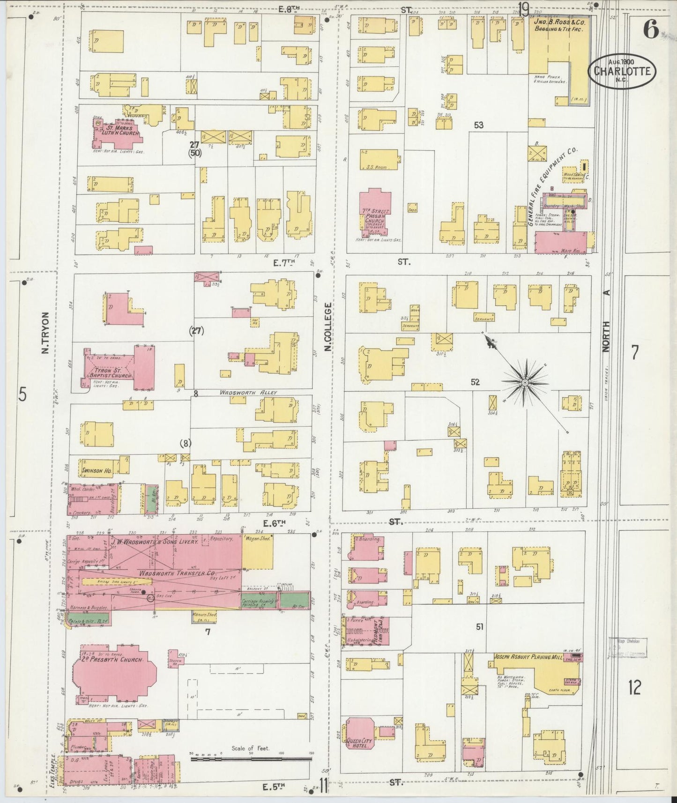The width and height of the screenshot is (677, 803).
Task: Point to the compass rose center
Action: pos(525,383)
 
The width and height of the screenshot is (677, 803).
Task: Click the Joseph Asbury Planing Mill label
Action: pos(527,657)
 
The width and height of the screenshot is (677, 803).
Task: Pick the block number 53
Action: pos(478,125)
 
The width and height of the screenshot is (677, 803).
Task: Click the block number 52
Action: pos(475,382)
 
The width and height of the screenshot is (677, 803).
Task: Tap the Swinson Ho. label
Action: pos(96,470)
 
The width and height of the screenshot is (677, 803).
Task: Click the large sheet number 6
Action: pos(650,30)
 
